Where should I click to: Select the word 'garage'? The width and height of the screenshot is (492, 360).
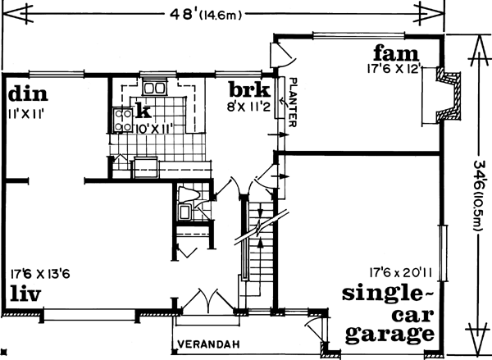pos(390,334)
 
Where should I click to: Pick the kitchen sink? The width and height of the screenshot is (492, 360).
pos(153,87)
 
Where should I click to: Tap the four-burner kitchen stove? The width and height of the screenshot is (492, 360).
pos(121,121)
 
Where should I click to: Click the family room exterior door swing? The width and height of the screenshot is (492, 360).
pos(281,55)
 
